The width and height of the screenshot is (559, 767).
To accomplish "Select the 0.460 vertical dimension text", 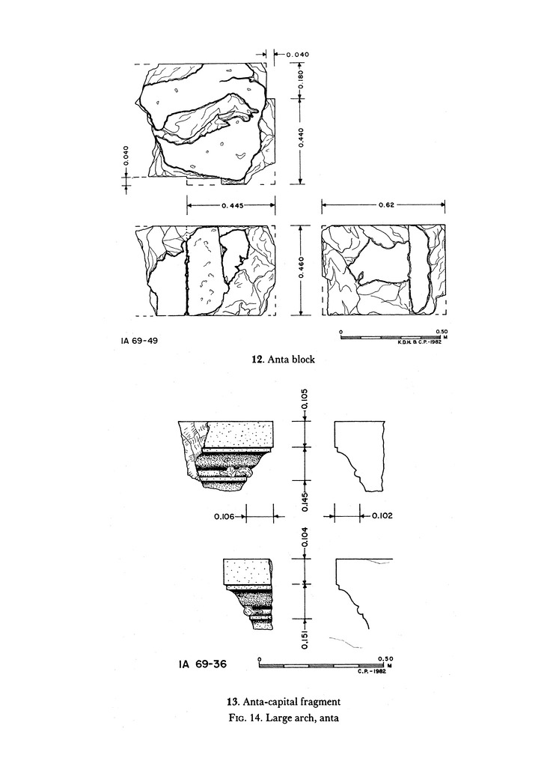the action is tap(301, 267).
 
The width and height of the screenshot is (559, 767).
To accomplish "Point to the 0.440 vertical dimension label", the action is tap(301, 139).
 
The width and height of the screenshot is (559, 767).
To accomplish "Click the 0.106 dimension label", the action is tap(224, 516).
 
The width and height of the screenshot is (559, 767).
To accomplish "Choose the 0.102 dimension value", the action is tap(382, 515).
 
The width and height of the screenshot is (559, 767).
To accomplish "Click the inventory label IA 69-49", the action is tap(139, 341).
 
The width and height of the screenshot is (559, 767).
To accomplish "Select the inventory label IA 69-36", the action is tap(203, 664).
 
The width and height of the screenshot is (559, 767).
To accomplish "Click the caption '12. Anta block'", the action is tap(284, 360).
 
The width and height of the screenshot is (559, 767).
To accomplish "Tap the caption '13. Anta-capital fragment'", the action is tap(284, 701).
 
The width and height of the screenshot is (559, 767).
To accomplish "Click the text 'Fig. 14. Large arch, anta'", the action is tap(284, 718).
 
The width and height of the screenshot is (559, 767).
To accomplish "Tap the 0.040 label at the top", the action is tap(298, 55).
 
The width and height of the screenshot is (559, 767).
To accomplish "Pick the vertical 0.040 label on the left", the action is tap(126, 156).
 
